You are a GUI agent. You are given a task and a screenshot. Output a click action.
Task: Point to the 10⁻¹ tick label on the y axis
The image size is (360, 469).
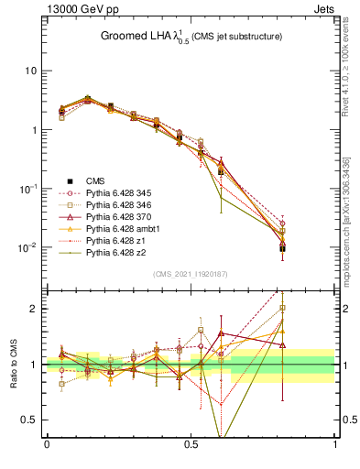pyautogui.click(x=27, y=188)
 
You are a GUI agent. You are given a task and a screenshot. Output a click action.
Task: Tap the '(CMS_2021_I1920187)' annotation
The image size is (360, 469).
pyautogui.click(x=191, y=274)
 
